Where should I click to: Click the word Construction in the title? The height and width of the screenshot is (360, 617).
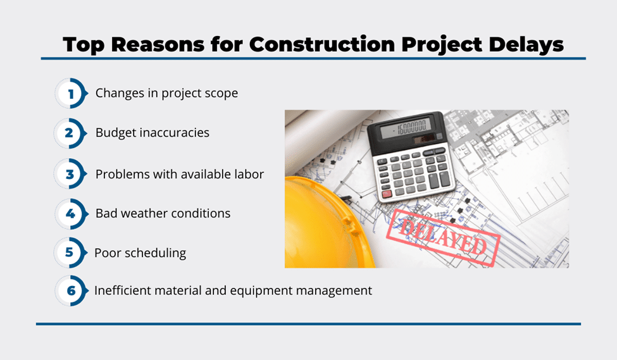(321, 44)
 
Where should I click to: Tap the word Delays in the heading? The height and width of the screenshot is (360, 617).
(526, 45)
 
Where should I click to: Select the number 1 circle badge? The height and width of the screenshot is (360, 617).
(71, 93)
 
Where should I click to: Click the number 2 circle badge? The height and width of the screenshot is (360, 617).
(70, 133)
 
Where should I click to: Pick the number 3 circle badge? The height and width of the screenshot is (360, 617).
(70, 173)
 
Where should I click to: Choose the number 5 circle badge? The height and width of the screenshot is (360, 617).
(70, 252)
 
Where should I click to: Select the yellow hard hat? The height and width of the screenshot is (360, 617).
(328, 223)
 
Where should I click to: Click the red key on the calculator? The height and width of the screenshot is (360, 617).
(387, 194)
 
